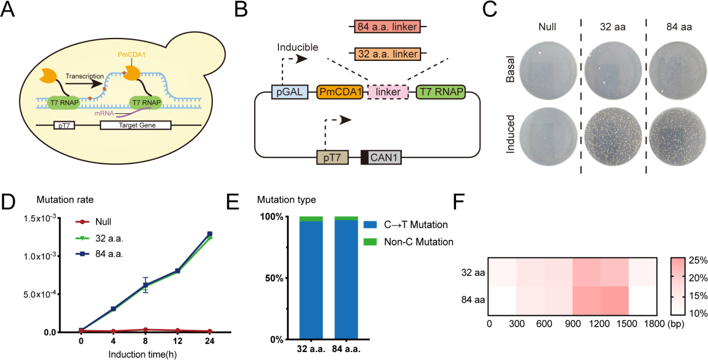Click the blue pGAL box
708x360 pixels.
pyautogui.click(x=286, y=91)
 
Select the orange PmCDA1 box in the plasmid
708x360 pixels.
pyautogui.click(x=339, y=91)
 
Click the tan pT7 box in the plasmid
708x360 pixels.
pyautogui.click(x=334, y=158)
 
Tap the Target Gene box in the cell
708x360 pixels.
pyautogui.click(x=136, y=124)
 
